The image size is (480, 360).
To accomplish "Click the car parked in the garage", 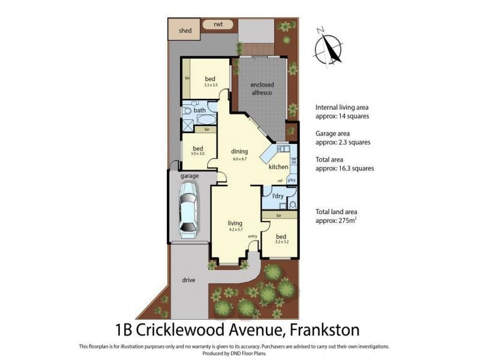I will click(x=189, y=210).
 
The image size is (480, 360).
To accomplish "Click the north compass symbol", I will click(x=329, y=46).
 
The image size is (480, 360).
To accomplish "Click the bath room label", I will click(x=199, y=110).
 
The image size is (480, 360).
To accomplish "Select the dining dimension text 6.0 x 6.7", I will click(x=240, y=159).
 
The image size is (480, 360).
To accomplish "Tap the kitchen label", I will click(x=278, y=166).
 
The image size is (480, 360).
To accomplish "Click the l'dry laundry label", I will click(x=278, y=196).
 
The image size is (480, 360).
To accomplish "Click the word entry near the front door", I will click(x=253, y=236).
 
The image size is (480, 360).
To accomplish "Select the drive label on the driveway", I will click(x=189, y=280).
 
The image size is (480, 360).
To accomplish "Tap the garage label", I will click(x=190, y=176).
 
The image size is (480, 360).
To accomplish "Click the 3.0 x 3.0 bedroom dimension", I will click(x=197, y=154).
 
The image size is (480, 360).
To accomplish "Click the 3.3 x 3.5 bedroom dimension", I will click(x=210, y=85).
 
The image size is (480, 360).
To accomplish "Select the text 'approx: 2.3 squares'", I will click(x=343, y=142).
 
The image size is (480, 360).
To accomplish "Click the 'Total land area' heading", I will click(x=340, y=211).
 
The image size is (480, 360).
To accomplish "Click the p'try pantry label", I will click(x=292, y=180).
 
